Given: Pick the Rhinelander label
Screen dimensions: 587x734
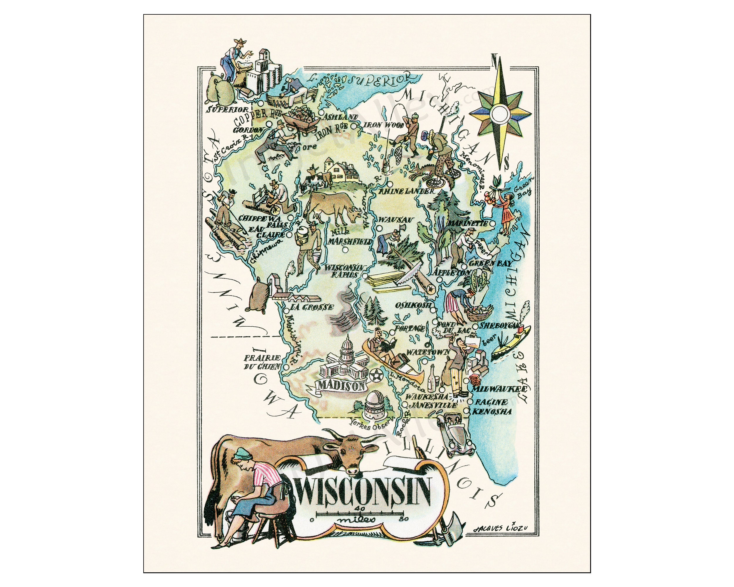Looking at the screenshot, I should click(408, 191).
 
